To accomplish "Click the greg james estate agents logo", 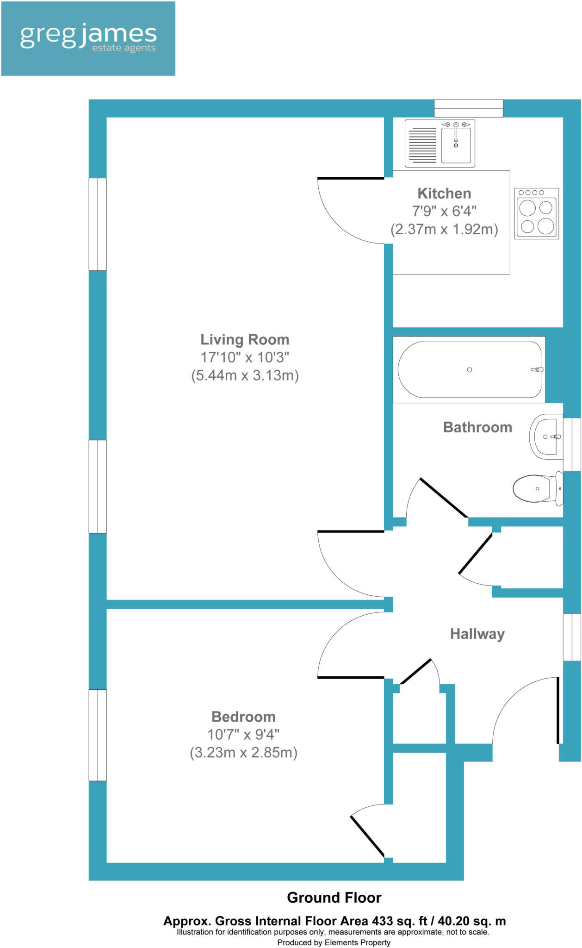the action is tap(88, 38).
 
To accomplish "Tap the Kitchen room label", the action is tap(444, 193).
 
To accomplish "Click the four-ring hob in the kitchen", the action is tap(536, 213).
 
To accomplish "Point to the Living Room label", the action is tap(245, 339).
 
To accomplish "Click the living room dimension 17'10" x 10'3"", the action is tap(245, 357).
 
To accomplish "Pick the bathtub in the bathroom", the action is tap(469, 369).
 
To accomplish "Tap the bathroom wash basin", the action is tap(546, 437).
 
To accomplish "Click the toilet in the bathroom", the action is tap(538, 488).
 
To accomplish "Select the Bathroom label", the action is tap(477, 427).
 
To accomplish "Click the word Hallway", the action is tap(477, 634).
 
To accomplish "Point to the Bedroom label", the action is tap(243, 717).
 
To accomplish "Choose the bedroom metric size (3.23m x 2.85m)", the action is tap(243, 753).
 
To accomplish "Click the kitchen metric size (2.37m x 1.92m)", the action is tap(444, 229).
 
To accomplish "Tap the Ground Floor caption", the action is tap(334, 898).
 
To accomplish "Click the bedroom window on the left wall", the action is tap(98, 735).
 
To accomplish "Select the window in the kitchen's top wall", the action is tap(468, 108).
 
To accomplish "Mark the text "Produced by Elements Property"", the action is tap(334, 942).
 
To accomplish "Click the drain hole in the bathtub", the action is tap(469, 369).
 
